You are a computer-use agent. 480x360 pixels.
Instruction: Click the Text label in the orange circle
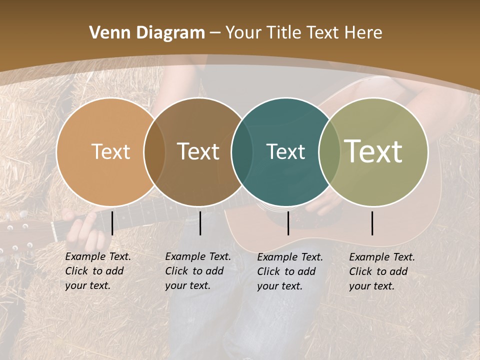point(110,151)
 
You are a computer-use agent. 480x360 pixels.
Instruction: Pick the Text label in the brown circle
point(198,151)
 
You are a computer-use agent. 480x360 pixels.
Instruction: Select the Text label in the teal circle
point(285,151)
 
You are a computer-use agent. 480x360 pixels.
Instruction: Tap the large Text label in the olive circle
point(373,151)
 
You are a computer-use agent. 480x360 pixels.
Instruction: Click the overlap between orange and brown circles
point(154,152)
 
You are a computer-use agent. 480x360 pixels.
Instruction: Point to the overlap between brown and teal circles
point(242,152)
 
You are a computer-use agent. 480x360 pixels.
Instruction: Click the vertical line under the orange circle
point(112,223)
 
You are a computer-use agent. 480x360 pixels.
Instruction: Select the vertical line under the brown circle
point(200,223)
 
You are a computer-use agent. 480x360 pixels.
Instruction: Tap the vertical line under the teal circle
point(288,223)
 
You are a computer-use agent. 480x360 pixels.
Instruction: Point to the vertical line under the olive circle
point(372,223)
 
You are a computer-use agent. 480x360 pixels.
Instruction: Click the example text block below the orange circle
point(97,271)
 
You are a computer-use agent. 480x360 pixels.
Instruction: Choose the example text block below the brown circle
point(197,271)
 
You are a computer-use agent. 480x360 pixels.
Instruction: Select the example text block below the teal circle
point(289,271)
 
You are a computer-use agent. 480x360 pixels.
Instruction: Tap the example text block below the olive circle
point(381,271)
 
